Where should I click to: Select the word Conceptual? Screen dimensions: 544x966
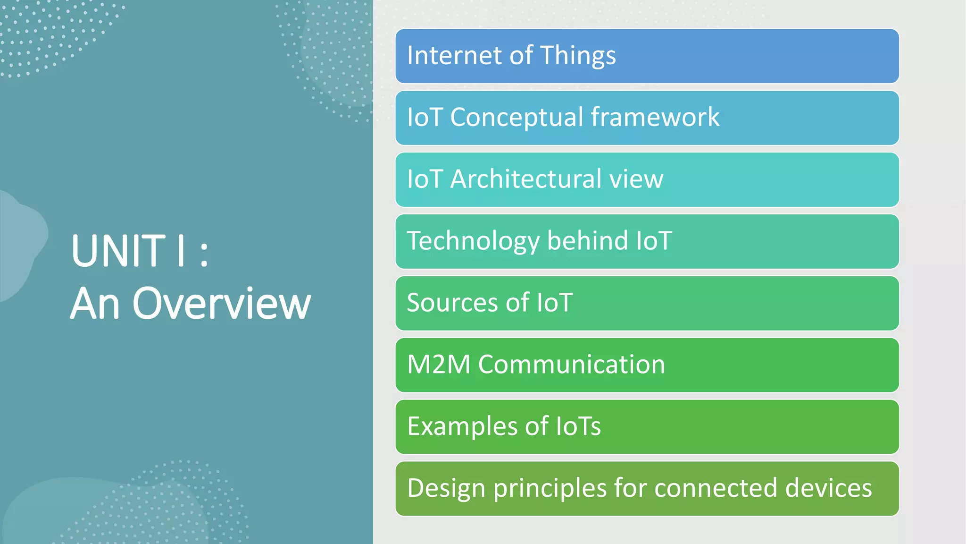[516, 118]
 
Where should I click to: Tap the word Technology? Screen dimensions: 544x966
[473, 241]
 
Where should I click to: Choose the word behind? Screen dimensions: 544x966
[588, 241]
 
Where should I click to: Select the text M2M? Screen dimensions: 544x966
[439, 365]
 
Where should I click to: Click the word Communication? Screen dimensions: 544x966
[572, 365]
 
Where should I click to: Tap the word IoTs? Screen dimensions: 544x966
[578, 426]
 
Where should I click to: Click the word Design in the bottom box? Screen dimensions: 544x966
[446, 489]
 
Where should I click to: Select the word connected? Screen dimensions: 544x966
[716, 488]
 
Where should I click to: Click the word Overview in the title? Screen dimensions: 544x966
[222, 304]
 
